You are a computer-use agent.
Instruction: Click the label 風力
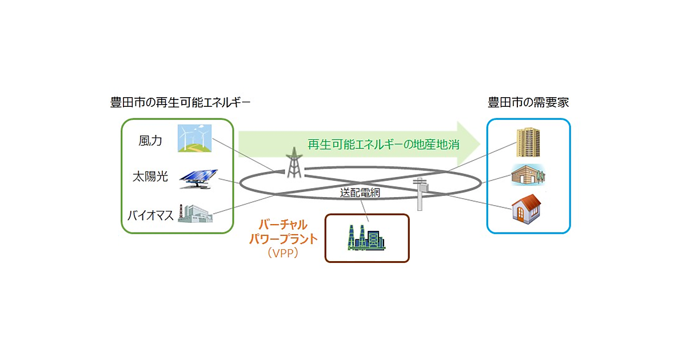(x=150, y=141)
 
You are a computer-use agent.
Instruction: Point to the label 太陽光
(x=150, y=177)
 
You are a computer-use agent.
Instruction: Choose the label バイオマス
(x=150, y=215)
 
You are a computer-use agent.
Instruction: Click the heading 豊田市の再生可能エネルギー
(x=180, y=103)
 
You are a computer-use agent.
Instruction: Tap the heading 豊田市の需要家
(x=528, y=103)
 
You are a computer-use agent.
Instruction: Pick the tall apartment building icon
(x=528, y=142)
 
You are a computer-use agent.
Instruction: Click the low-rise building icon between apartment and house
(x=528, y=176)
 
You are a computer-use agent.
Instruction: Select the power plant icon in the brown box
(x=366, y=237)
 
